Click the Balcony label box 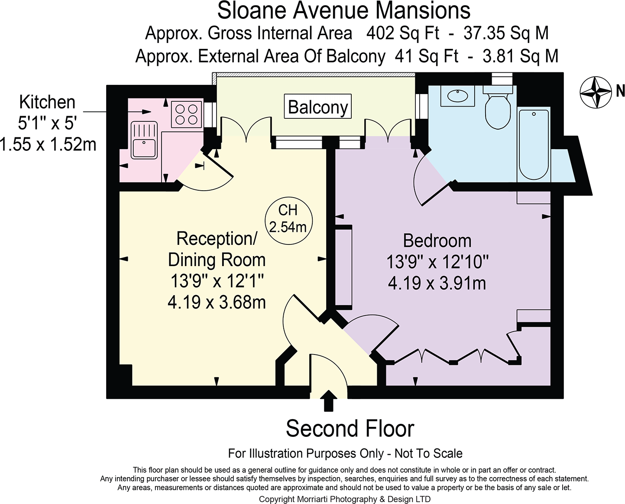[318, 107]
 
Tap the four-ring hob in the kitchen [187, 114]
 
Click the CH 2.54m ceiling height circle [288, 218]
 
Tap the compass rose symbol [596, 92]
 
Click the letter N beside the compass [620, 91]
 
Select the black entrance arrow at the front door [329, 401]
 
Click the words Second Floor [350, 429]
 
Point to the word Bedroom [437, 241]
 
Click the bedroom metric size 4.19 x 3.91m [437, 283]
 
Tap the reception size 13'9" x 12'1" [217, 281]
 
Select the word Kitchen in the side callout [47, 102]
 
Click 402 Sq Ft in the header [402, 33]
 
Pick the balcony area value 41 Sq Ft [426, 56]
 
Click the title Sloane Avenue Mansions [343, 11]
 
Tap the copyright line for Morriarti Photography [344, 499]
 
